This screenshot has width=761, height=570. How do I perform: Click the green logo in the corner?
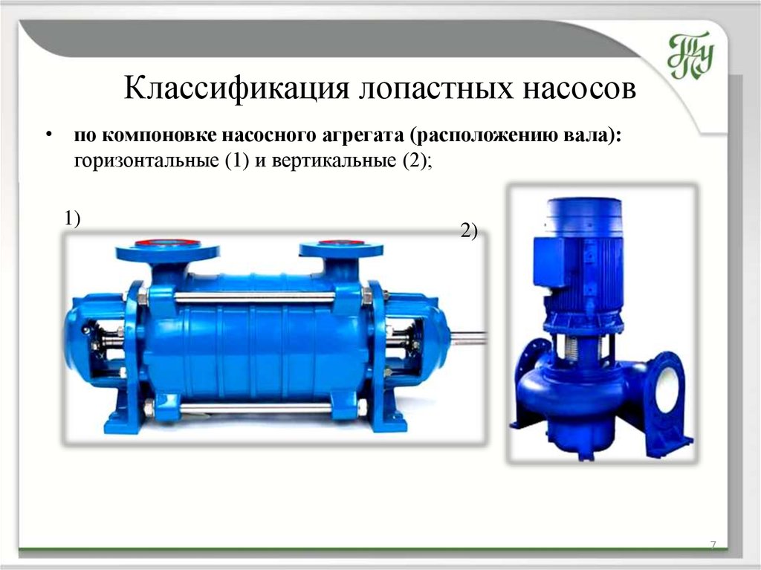tap(690, 55)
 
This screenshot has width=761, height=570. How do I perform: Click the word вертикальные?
tap(334, 161)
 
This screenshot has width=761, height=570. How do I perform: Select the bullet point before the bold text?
tap(48, 135)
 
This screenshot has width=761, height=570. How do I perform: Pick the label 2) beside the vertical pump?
tap(470, 231)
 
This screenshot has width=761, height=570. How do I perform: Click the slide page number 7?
tap(713, 545)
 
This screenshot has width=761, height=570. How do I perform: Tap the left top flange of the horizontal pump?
tap(167, 250)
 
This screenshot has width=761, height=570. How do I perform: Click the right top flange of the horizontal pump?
tap(341, 250)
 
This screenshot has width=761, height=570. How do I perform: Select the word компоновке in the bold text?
tap(160, 135)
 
